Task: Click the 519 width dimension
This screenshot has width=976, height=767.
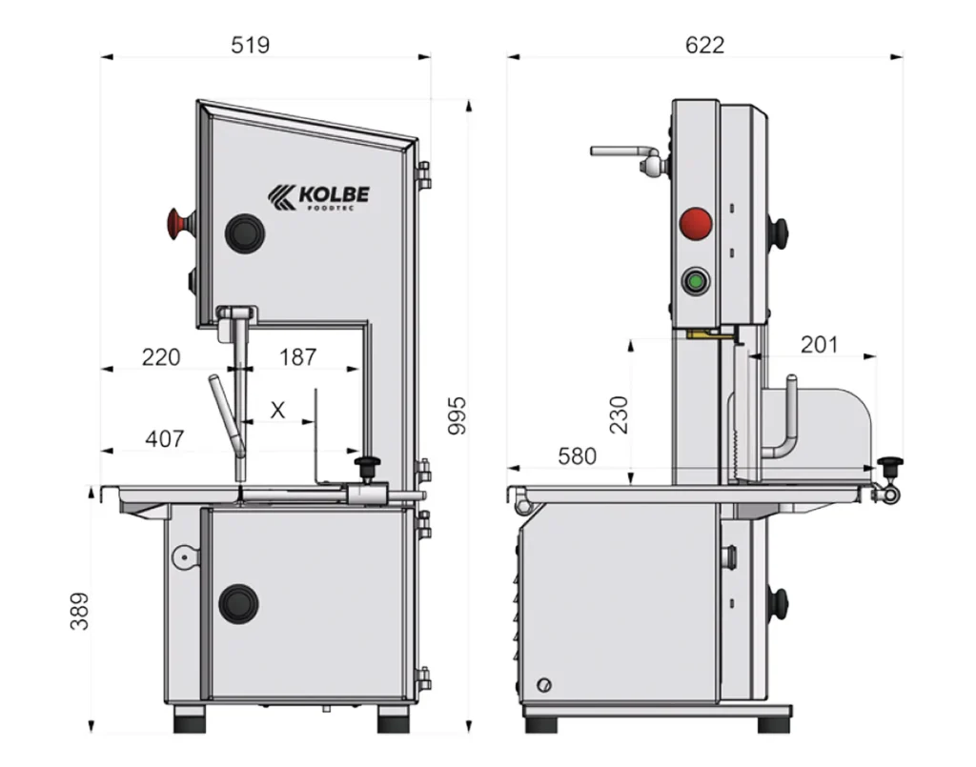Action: pos(251,45)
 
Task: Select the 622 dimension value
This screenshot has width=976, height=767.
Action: pos(705,45)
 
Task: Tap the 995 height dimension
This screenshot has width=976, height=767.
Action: pos(457,415)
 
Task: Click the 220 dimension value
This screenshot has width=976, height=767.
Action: pos(161,357)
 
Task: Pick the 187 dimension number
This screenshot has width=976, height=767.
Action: pos(297,357)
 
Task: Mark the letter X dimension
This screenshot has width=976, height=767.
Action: pos(277,411)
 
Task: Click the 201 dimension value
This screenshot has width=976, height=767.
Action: pos(819,344)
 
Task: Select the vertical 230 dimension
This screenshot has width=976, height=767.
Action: pos(619,414)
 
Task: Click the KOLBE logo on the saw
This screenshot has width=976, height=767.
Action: pos(318,195)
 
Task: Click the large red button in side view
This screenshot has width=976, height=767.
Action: pos(696,224)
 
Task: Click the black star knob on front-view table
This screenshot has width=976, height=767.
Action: pos(367,467)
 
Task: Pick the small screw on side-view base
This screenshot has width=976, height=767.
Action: pos(544,685)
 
